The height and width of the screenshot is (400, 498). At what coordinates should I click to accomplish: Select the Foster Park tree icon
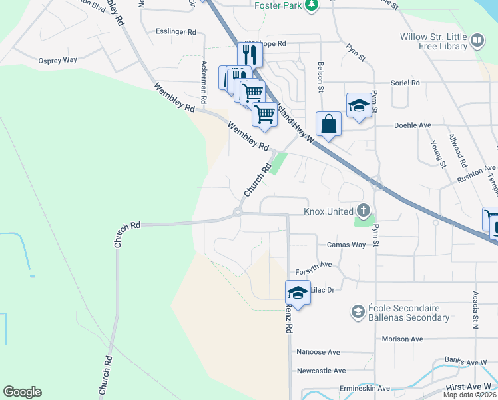[310, 5]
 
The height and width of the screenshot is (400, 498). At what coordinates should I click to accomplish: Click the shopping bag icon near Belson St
[329, 123]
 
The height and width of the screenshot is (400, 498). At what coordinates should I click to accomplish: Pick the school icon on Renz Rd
[298, 292]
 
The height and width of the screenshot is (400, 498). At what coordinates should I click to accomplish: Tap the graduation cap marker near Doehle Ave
[359, 105]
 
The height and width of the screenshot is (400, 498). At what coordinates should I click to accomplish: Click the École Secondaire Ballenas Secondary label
[408, 313]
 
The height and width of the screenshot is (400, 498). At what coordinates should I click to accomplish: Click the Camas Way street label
[346, 245]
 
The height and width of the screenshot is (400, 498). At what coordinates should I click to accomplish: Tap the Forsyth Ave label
[314, 264]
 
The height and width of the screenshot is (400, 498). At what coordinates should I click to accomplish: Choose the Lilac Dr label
[320, 289]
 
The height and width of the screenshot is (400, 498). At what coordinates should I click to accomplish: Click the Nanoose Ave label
[318, 352]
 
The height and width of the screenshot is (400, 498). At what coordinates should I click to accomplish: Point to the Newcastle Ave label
[321, 371]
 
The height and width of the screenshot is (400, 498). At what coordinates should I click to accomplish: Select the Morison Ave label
[402, 339]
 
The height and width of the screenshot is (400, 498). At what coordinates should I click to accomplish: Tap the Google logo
[22, 392]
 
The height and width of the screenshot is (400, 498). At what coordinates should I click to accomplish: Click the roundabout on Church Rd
[237, 213]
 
